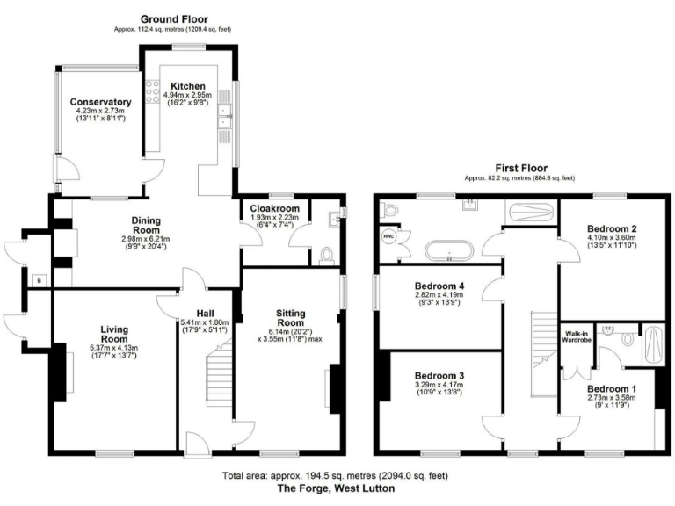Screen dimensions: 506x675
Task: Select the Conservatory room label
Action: coord(101,102)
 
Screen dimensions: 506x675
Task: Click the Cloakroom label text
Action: coord(271,207)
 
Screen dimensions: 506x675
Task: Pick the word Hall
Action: coord(205,312)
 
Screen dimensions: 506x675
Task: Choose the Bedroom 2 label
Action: coord(612,228)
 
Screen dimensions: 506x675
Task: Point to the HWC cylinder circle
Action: coord(388,236)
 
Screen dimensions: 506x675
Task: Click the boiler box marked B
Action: coord(37,280)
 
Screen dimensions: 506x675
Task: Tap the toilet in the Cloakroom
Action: coord(327,254)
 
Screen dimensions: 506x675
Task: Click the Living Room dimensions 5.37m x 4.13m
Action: coord(113,349)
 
